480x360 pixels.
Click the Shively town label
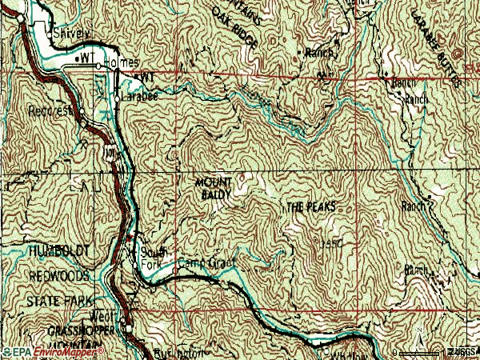pos(71,34)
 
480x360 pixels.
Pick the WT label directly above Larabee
pos(146,77)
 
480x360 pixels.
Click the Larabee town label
pos(142,95)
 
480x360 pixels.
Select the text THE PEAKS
pos(310,207)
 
